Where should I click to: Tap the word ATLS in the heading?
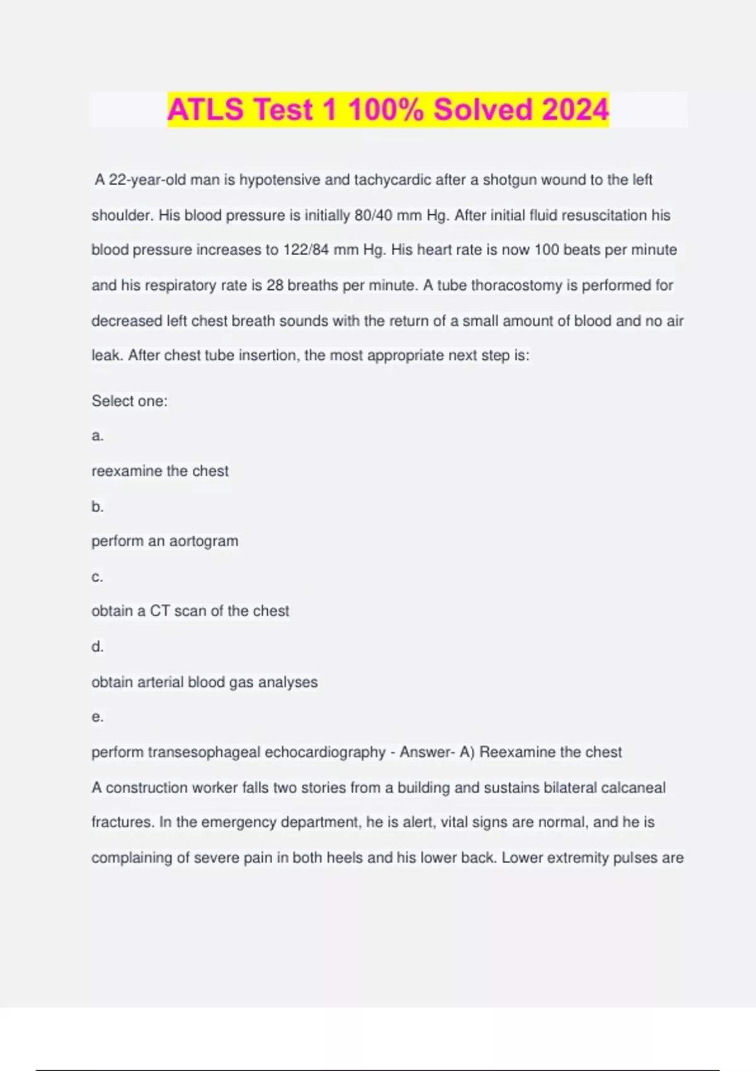[x=205, y=110]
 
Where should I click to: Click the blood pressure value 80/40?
[x=373, y=215]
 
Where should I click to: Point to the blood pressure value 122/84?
[x=306, y=250]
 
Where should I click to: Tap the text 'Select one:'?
[x=129, y=401]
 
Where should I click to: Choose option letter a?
[x=97, y=436]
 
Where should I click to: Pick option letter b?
[x=97, y=507]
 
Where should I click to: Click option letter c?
[x=97, y=577]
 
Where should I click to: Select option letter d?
[x=97, y=647]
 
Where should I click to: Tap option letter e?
[x=97, y=717]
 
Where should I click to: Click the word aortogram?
[x=203, y=541]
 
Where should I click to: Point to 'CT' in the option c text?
[x=159, y=611]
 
